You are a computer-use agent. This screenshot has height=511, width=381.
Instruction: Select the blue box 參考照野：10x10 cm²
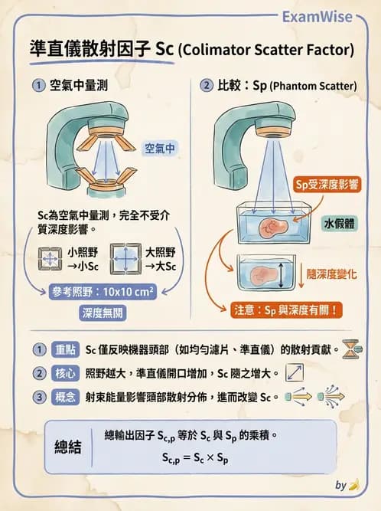pyautogui.click(x=103, y=291)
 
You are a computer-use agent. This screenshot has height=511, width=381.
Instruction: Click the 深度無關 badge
pyautogui.click(x=103, y=313)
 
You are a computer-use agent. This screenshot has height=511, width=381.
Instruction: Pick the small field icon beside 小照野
pyautogui.click(x=49, y=259)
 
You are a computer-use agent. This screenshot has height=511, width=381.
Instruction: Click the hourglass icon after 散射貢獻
pyautogui.click(x=351, y=349)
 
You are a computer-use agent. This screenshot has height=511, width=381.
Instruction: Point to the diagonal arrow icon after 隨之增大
pyautogui.click(x=295, y=373)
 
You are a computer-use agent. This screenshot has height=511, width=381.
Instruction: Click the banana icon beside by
pyautogui.click(x=353, y=485)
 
